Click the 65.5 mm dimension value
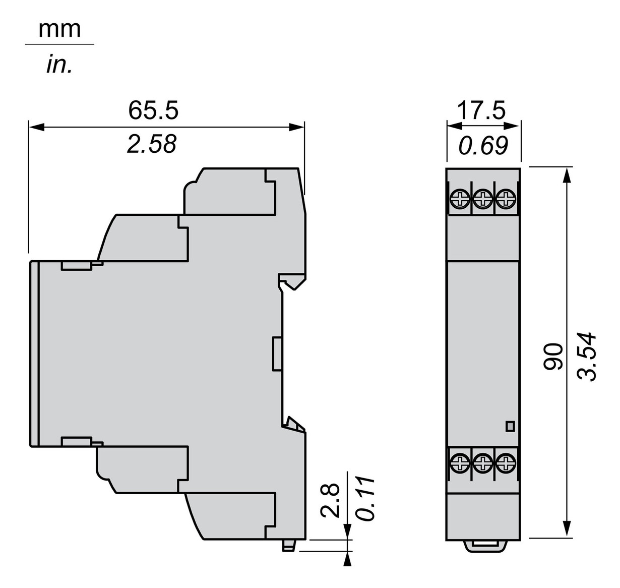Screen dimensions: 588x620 tap(153, 110)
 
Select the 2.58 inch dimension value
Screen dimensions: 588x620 tap(151, 144)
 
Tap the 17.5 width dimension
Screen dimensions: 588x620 tap(481, 110)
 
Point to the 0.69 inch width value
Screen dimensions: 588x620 tap(483, 145)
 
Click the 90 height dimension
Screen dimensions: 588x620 tap(553, 357)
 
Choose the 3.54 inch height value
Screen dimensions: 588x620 tap(587, 357)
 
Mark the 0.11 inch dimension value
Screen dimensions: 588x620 tap(365, 498)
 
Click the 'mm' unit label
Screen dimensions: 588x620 tap(59, 29)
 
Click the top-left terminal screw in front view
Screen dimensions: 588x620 tap(460, 198)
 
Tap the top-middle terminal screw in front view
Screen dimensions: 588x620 tap(483, 198)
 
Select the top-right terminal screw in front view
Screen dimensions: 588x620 tap(506, 198)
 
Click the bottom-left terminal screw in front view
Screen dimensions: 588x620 tap(460, 460)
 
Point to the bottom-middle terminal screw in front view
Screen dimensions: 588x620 tap(483, 460)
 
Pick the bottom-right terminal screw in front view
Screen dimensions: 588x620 tap(506, 460)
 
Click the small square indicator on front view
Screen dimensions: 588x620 tap(510, 427)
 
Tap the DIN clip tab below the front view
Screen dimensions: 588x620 tap(483, 545)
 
